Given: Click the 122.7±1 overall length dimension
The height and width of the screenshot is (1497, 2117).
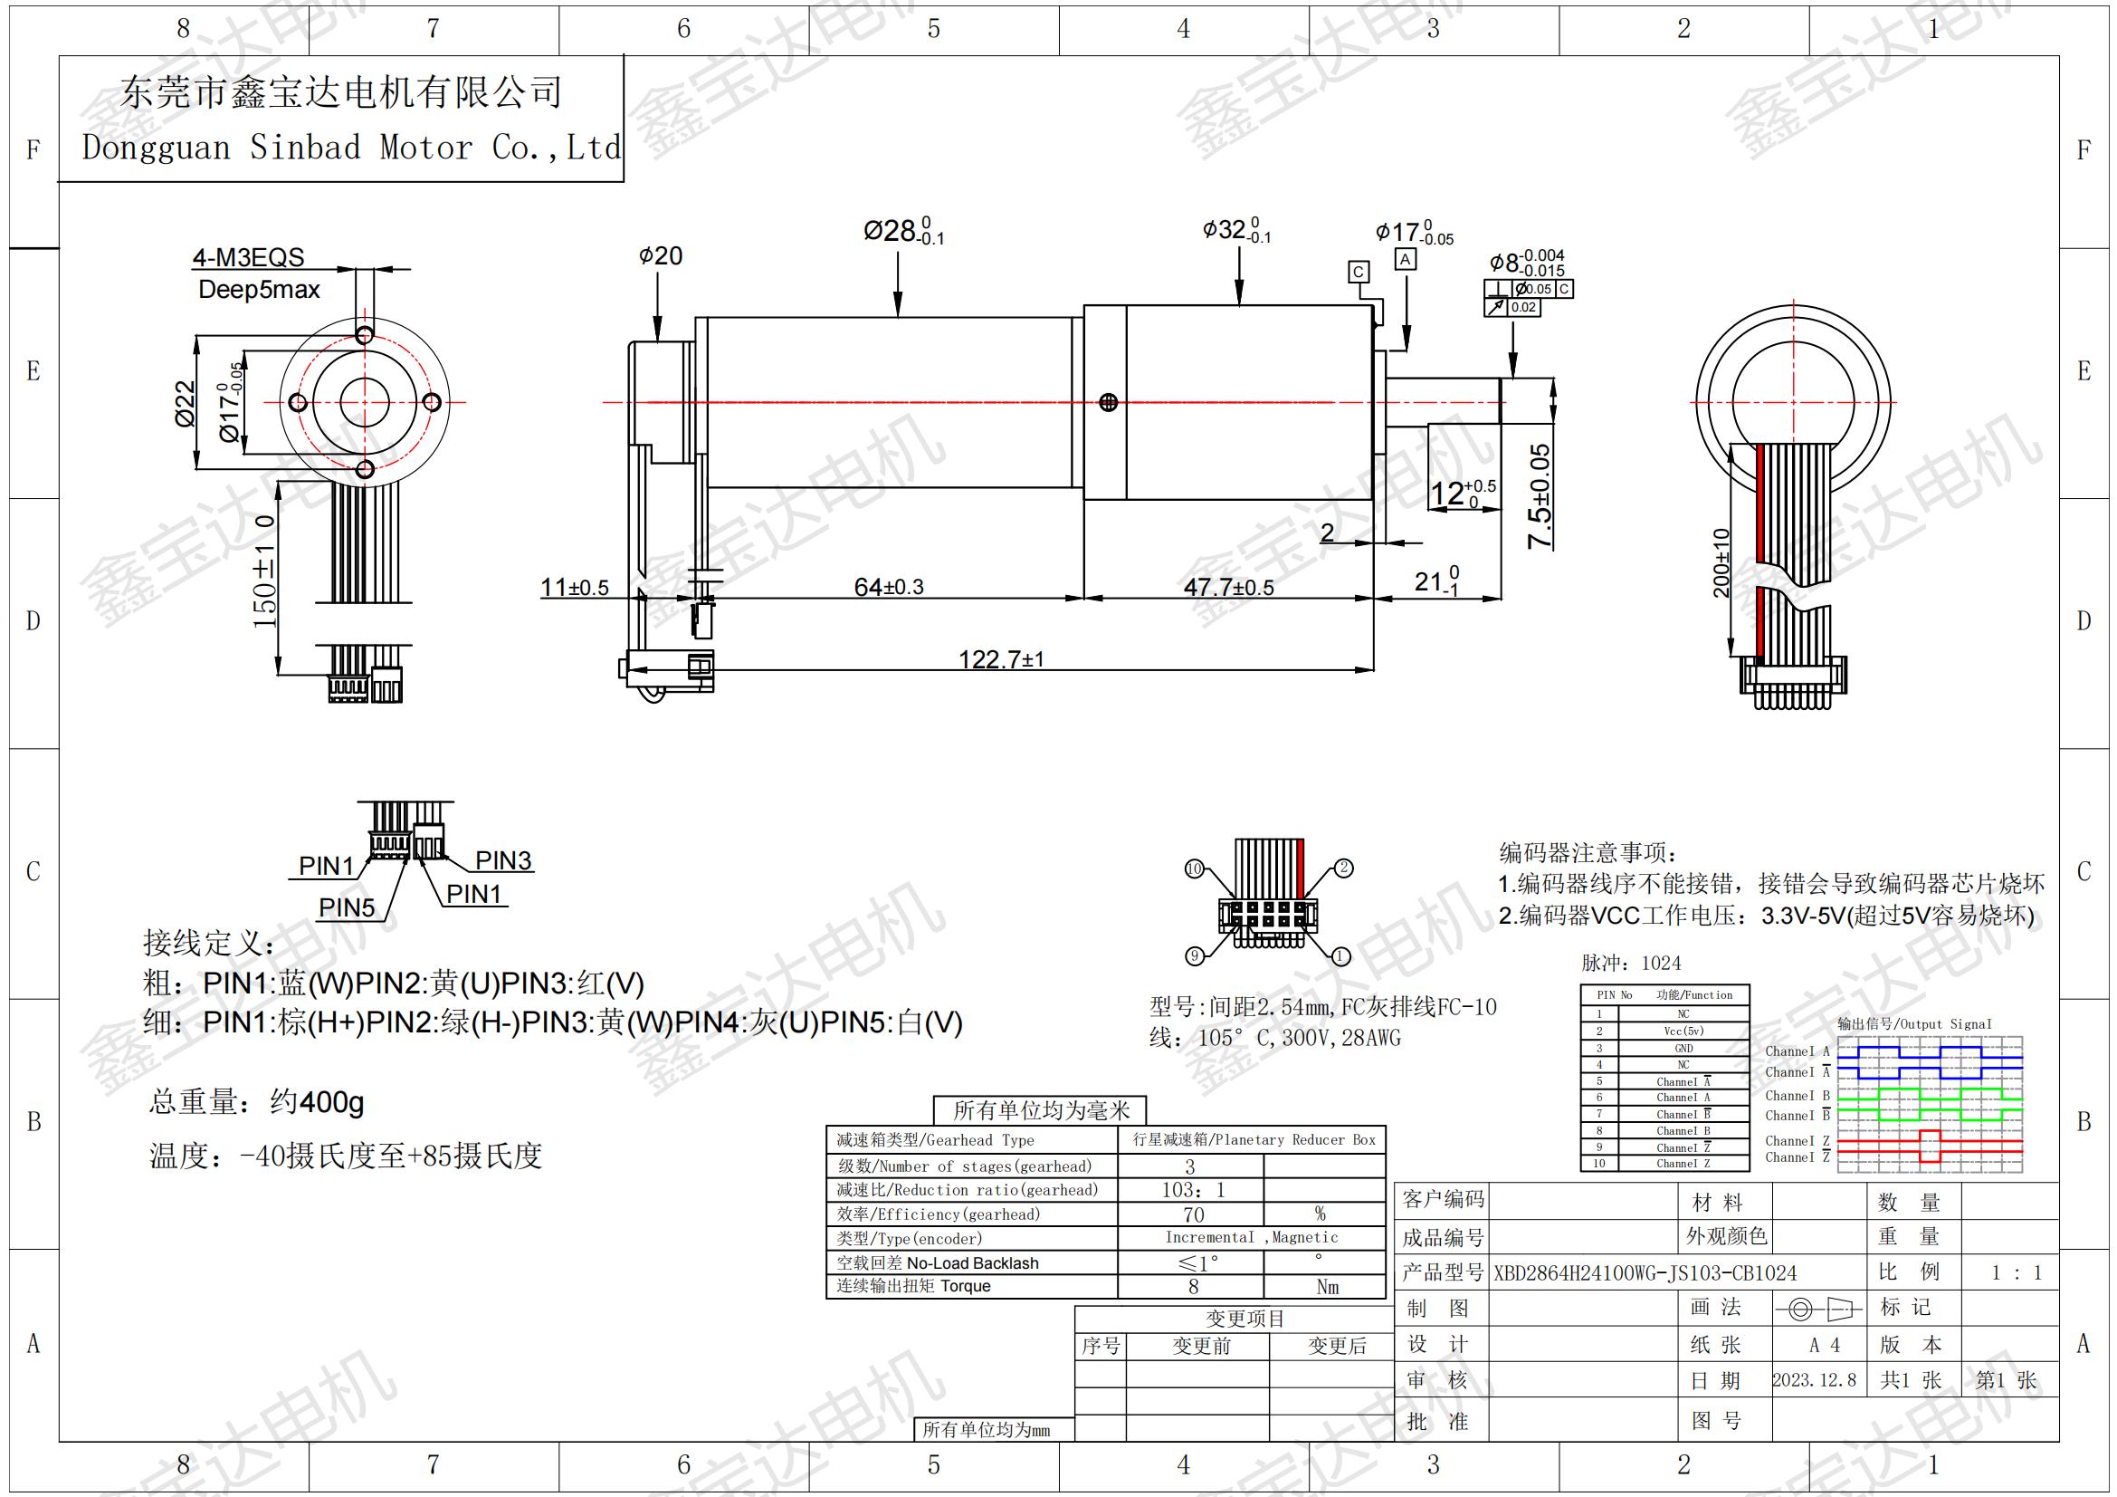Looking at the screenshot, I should click(1000, 658).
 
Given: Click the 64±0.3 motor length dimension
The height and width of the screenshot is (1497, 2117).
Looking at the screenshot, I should click(888, 587).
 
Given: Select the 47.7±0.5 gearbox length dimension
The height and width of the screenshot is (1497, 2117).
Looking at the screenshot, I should click(1228, 587).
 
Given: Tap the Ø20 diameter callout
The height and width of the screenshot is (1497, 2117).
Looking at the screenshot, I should click(660, 255).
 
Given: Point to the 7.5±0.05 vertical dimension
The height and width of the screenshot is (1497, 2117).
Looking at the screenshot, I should click(1539, 496).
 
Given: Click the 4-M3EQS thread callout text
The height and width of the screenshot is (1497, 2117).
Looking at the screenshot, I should click(248, 257).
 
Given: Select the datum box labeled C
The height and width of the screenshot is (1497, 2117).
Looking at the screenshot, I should click(1359, 272).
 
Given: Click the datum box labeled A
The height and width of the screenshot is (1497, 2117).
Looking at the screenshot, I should click(1406, 260).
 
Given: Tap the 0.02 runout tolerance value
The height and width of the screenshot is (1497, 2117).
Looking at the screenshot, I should click(1523, 307).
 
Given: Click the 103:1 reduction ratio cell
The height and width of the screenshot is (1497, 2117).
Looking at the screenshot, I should click(1192, 1190).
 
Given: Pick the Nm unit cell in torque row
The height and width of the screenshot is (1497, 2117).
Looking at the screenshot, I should click(1327, 1287).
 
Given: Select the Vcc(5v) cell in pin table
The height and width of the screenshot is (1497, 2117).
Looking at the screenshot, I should click(1683, 1032).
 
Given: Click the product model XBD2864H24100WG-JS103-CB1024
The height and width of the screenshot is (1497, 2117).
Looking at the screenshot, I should click(1645, 1274).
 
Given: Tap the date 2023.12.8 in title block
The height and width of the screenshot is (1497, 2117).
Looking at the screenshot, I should click(1814, 1380).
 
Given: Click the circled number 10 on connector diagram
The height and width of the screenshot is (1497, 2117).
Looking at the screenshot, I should click(1194, 868).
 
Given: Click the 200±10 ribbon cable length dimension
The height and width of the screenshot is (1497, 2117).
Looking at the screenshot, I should click(1721, 562).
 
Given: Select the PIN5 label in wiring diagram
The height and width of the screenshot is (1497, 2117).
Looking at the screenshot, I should click(347, 907).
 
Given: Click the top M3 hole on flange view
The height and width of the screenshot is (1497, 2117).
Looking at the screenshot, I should click(364, 335).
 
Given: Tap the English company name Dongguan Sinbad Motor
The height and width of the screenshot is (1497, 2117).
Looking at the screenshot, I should click(350, 148).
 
